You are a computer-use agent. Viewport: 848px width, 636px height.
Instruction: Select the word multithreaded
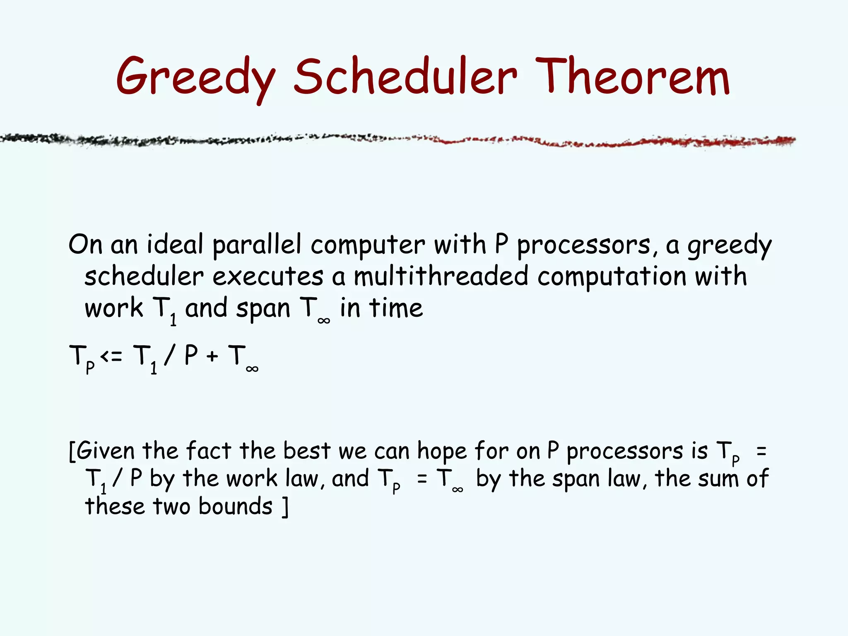pyautogui.click(x=441, y=276)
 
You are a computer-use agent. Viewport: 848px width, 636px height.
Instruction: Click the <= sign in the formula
pyautogui.click(x=111, y=356)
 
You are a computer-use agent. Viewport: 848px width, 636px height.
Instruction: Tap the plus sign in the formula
pyautogui.click(x=212, y=357)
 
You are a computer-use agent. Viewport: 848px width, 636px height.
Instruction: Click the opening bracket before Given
pyautogui.click(x=72, y=451)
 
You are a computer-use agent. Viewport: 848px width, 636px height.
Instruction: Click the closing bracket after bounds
pyautogui.click(x=284, y=507)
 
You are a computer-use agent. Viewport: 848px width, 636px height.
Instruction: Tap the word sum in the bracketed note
pyautogui.click(x=718, y=479)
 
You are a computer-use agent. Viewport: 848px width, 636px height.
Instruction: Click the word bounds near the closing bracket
pyautogui.click(x=235, y=507)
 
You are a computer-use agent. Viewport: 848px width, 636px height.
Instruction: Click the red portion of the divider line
pyautogui.click(x=621, y=142)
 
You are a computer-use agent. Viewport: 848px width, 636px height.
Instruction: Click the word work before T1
pyautogui.click(x=113, y=308)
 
